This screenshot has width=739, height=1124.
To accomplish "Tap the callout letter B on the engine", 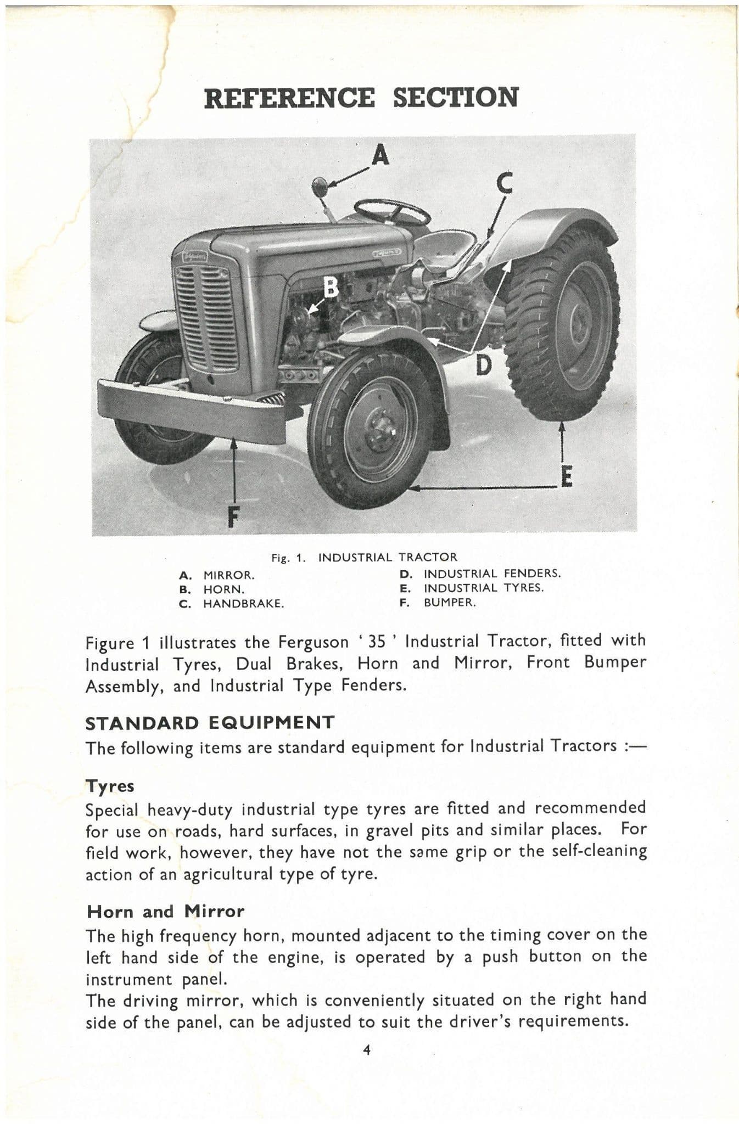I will [x=331, y=286].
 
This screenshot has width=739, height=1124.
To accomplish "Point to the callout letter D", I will [x=483, y=365].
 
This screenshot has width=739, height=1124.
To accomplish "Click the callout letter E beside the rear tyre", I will [x=566, y=476].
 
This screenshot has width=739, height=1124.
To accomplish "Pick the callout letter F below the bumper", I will [x=233, y=516].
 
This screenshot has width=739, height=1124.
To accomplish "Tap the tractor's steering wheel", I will [x=392, y=210].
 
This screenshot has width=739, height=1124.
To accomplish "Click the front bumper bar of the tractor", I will [x=192, y=409].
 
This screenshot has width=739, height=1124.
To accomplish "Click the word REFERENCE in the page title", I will [x=289, y=98].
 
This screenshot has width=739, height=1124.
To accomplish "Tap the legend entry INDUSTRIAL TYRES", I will [x=483, y=588].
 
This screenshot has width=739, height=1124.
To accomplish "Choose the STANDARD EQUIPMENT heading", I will [x=210, y=722].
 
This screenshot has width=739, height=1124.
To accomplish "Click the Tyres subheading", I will [x=110, y=786].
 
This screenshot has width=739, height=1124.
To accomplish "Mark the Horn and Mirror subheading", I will [x=165, y=912].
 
